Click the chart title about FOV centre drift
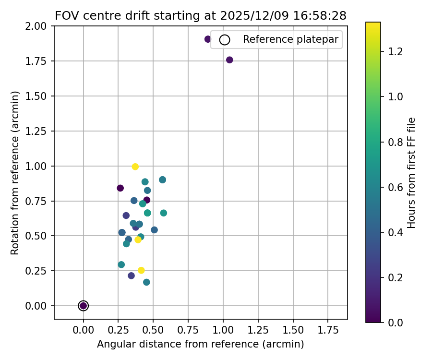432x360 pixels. pyautogui.click(x=201, y=15)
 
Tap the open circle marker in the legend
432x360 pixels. pyautogui.click(x=224, y=40)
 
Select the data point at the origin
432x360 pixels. pyautogui.click(x=84, y=306)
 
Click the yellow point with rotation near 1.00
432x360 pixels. pyautogui.click(x=135, y=167)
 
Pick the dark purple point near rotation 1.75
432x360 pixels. pyautogui.click(x=229, y=60)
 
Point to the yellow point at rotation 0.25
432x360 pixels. pyautogui.click(x=141, y=270)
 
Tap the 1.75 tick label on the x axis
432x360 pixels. pyautogui.click(x=328, y=331)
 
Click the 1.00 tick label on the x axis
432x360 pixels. pyautogui.click(x=223, y=331)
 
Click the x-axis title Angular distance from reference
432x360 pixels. pyautogui.click(x=201, y=344)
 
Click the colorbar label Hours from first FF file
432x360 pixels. pyautogui.click(x=411, y=173)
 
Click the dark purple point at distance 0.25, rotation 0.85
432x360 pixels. pyautogui.click(x=120, y=188)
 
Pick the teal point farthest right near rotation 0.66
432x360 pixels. pyautogui.click(x=164, y=213)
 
